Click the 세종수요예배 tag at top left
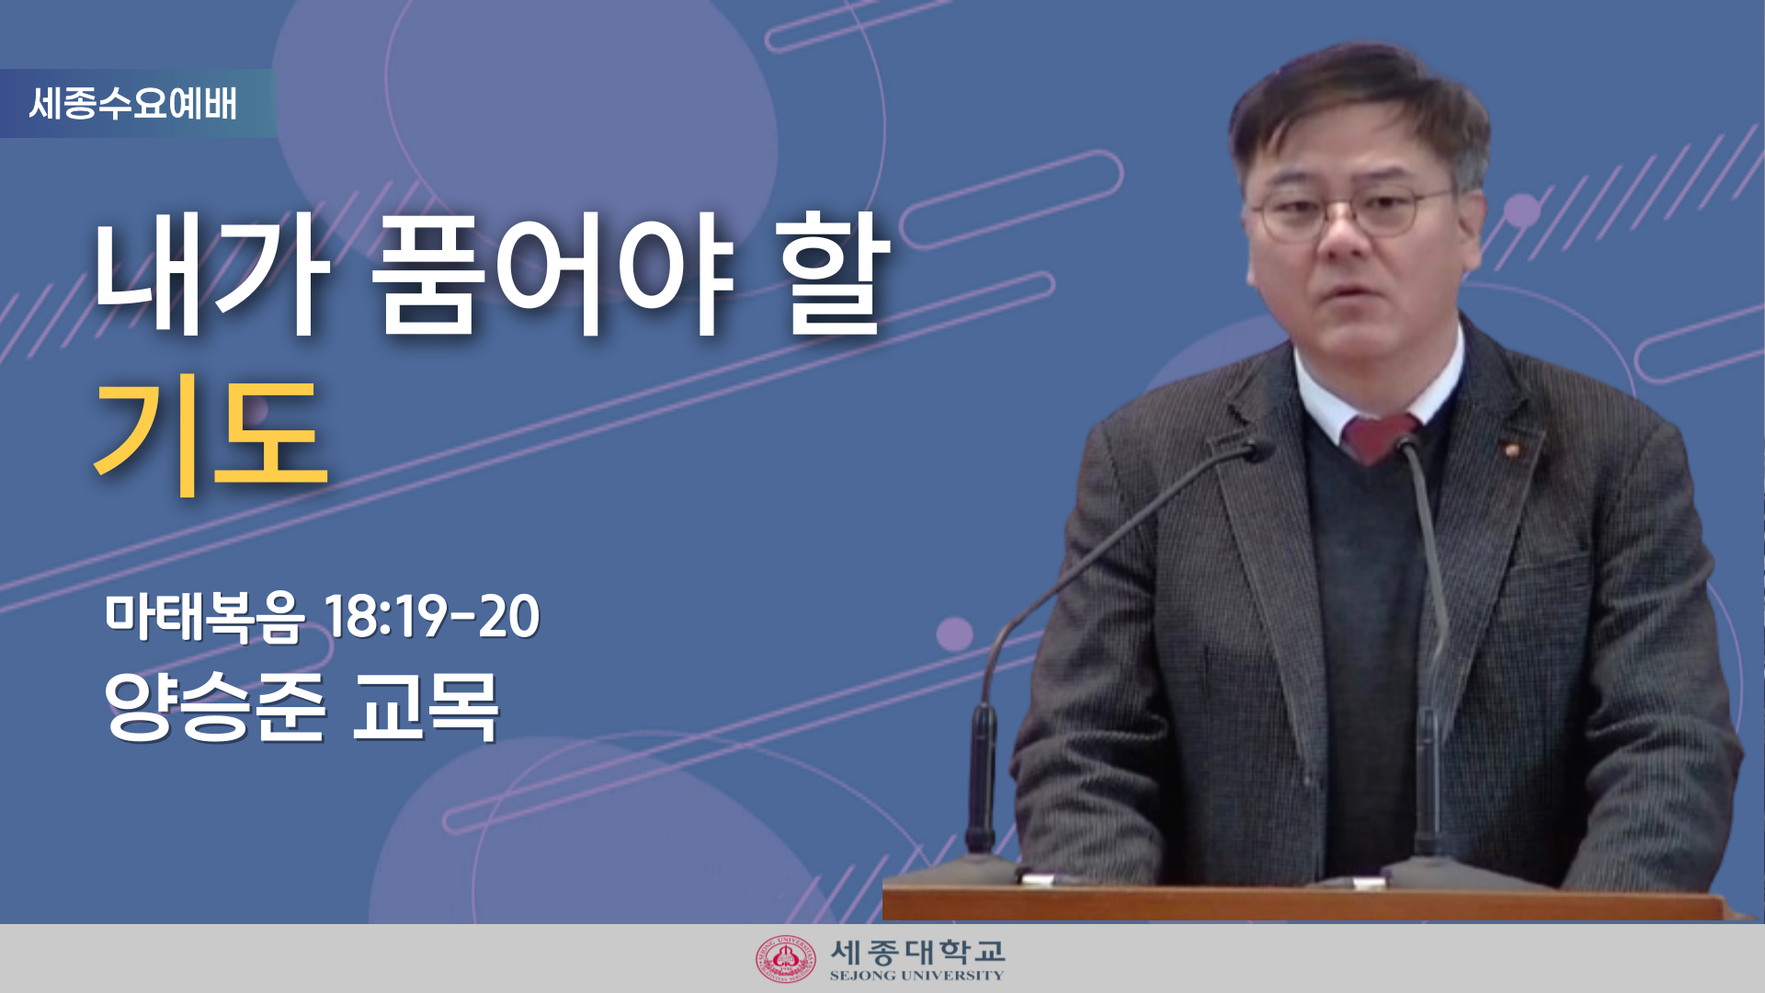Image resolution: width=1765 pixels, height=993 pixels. coord(133,103)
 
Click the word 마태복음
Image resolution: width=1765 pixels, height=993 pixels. coord(204,616)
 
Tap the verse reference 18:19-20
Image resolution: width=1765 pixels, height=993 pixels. coord(432,616)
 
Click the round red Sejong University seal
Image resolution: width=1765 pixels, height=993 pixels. coord(786,959)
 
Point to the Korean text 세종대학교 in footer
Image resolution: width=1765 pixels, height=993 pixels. coord(917,951)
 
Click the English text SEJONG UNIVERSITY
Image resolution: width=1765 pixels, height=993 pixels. coord(917,976)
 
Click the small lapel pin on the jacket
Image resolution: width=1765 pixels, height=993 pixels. coord(1509,450)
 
